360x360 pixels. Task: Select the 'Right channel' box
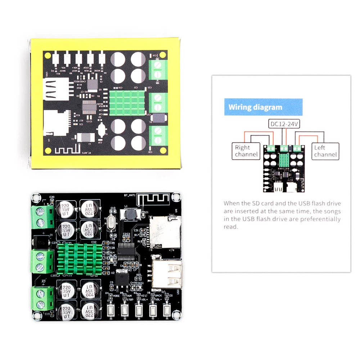tap(247, 151)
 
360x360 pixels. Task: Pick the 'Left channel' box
tap(325, 151)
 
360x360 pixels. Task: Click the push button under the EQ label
tap(167, 310)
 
